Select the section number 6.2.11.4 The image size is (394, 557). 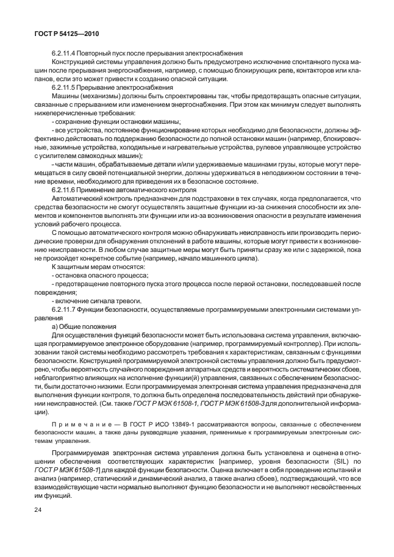click(x=66, y=54)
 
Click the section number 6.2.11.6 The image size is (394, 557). click(x=66, y=190)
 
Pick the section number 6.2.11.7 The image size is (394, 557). click(x=66, y=310)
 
